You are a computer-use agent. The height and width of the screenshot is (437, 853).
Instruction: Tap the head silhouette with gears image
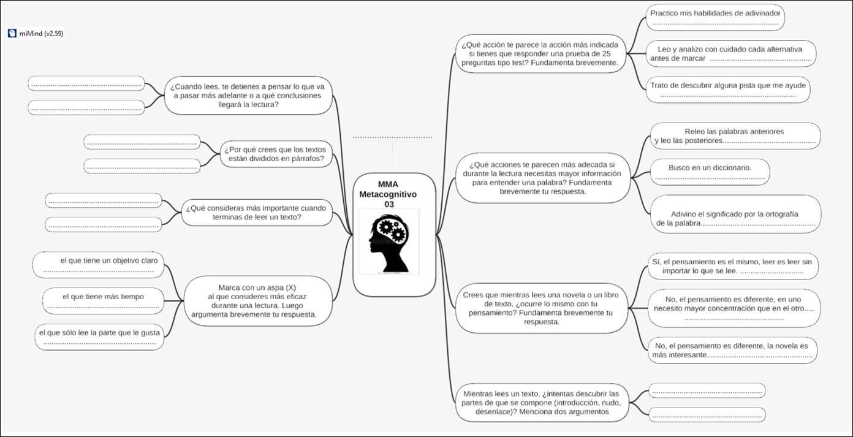[389, 241]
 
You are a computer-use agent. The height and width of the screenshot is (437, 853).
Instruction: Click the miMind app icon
[12, 34]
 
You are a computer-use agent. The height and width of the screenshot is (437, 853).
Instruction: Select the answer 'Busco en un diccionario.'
[710, 172]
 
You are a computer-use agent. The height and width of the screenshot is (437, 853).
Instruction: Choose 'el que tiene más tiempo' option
[103, 301]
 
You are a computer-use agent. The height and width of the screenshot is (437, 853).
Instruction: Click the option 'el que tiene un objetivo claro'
[99, 265]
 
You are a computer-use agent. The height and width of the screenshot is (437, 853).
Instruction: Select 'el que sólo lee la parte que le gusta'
[99, 336]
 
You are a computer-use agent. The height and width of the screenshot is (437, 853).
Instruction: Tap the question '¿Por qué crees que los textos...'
[276, 154]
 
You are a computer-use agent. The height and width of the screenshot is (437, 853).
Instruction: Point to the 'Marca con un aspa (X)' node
[257, 301]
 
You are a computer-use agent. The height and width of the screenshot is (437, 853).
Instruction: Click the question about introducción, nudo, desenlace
[542, 403]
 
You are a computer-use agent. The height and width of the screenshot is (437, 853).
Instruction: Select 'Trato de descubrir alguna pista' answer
[728, 89]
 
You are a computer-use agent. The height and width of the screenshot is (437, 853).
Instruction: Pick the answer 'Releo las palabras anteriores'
[734, 136]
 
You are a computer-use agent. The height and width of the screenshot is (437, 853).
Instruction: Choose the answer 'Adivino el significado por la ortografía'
[734, 218]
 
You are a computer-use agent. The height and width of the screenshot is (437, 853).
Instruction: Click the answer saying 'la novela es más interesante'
[732, 350]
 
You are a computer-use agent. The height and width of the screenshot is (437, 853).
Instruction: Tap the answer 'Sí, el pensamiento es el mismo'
[732, 266]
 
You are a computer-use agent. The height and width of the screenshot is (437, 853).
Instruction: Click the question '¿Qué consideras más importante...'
[256, 212]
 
